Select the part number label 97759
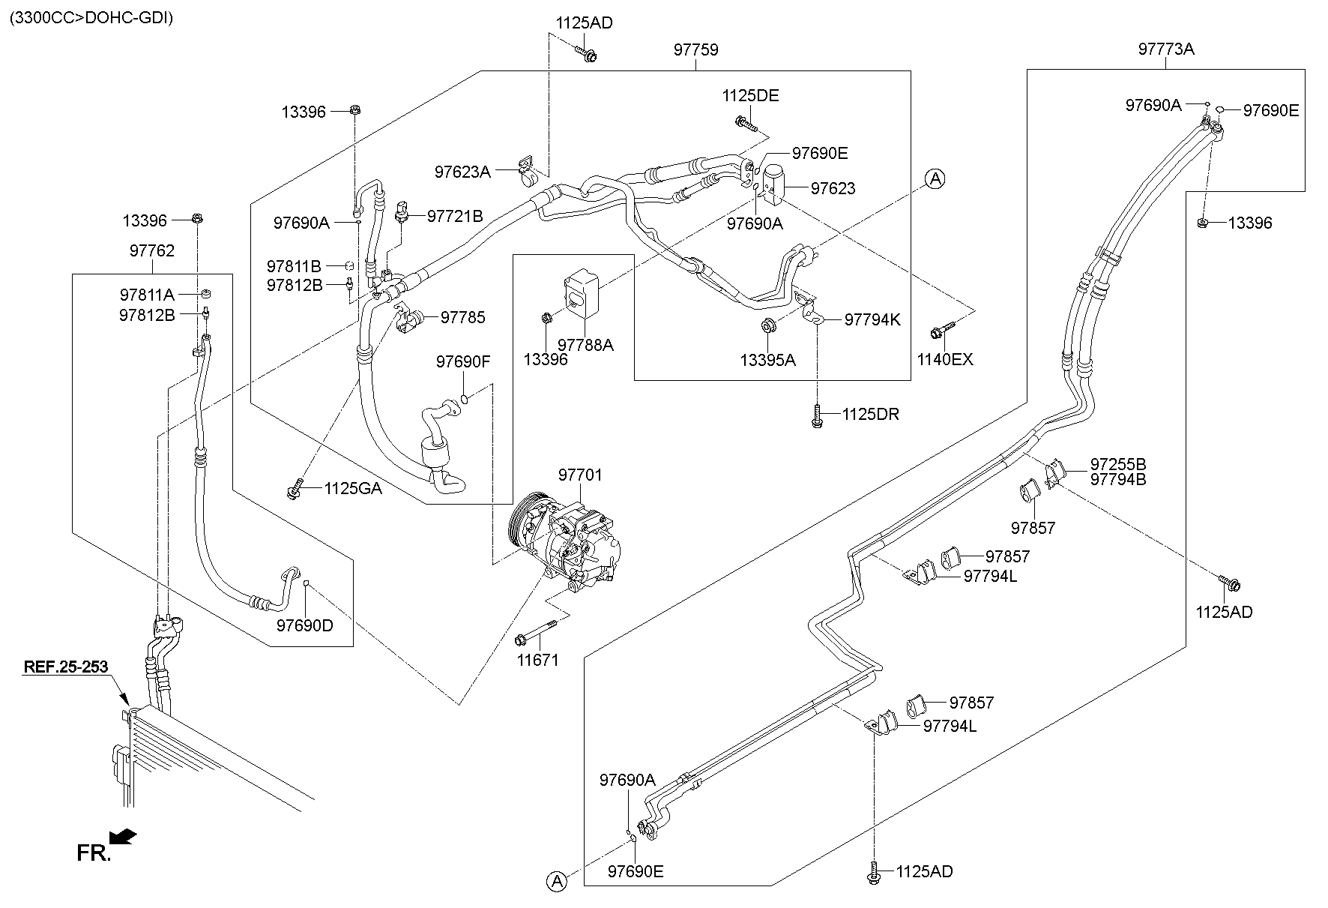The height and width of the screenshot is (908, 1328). (695, 50)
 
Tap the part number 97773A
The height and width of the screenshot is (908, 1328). (1165, 49)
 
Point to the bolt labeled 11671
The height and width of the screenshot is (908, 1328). (537, 633)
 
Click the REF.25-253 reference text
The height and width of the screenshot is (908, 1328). (65, 667)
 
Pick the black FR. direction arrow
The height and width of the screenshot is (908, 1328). (124, 835)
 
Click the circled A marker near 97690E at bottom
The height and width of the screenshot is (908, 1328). (557, 882)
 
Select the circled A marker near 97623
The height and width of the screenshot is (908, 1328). (935, 178)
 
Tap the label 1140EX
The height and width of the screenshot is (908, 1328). (944, 360)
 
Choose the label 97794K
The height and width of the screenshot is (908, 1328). (872, 320)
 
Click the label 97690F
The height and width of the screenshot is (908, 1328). (462, 362)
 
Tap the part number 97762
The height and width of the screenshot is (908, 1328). (151, 250)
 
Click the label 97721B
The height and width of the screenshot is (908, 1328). (455, 217)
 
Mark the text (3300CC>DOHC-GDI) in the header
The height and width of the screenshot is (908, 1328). (91, 18)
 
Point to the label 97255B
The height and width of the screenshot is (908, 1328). (1117, 464)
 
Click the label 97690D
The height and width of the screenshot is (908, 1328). (304, 625)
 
